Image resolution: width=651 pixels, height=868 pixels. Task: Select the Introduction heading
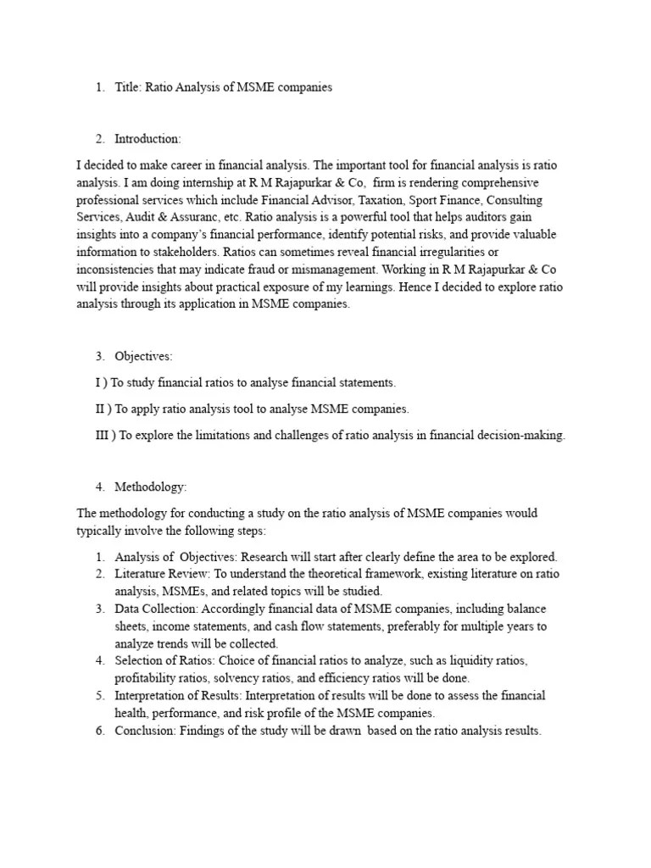point(147,139)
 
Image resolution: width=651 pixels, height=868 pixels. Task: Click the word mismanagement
point(437,270)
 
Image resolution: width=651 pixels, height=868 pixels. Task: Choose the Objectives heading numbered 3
point(143,357)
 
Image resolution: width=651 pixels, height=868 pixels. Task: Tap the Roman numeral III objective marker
point(103,435)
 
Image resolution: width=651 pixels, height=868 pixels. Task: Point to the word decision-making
point(526,435)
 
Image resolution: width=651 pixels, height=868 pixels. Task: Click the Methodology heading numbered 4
point(151,487)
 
